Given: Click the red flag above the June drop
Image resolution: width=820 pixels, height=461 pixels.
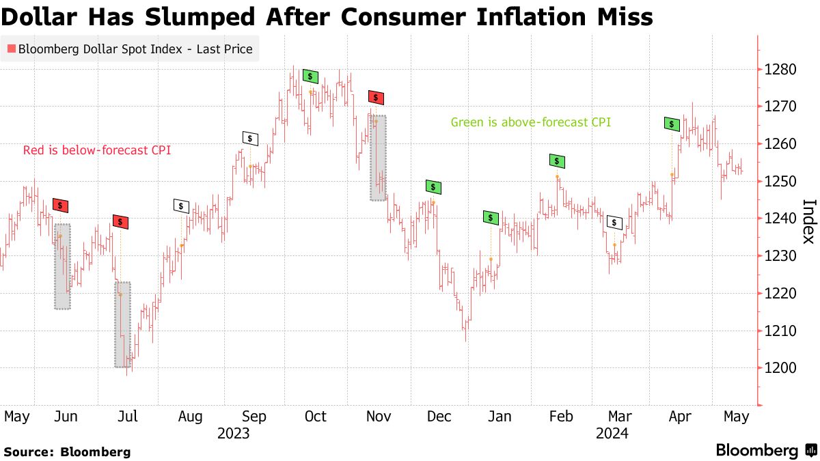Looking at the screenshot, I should point(61,205).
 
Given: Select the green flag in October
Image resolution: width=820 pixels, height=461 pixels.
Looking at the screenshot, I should point(311,76).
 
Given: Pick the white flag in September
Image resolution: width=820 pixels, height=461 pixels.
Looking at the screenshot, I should point(250,138).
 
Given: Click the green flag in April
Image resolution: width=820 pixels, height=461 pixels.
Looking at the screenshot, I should point(672,124).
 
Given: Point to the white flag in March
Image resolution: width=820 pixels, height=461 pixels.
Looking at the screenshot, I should point(614,223).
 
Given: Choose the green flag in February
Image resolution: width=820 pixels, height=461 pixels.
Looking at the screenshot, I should point(558,161).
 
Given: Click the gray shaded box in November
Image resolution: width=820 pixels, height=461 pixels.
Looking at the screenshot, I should point(378,157).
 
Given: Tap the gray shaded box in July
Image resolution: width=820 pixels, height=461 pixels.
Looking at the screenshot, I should point(122,324).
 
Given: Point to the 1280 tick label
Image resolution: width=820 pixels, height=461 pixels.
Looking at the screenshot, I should point(780,70).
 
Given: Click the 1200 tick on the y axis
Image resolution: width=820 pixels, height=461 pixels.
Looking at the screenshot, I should point(780,368).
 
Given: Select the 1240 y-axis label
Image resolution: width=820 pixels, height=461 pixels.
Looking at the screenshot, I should point(780,219).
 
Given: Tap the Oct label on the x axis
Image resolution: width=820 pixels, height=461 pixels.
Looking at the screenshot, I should point(316,417).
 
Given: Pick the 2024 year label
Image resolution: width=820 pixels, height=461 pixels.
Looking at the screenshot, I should point(612,434).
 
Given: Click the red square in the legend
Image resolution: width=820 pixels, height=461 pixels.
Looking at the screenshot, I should point(11,49).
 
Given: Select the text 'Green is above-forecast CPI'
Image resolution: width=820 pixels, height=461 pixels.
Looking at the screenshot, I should point(530,123).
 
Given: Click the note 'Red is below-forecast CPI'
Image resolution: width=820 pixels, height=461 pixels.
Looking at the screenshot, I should point(97,150).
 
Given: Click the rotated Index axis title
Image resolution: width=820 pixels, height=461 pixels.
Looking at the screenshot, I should point(808,221).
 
